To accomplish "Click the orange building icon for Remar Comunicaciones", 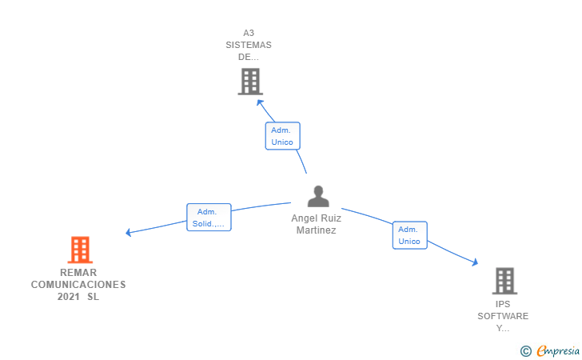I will point(79,250).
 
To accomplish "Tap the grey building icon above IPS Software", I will point(504,281).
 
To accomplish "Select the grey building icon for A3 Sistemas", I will point(250,82).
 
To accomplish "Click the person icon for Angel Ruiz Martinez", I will point(318,197).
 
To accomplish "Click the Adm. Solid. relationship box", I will point(209,217).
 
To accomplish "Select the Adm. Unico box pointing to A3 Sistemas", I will point(282,136).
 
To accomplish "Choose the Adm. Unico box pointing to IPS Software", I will point(409,235).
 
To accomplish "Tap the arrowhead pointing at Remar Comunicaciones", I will point(128,233).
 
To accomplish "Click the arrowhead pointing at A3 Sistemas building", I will point(259,102).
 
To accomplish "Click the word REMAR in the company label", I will point(78,272).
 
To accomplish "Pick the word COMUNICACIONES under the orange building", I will point(78,284).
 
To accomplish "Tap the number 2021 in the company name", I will point(69,297).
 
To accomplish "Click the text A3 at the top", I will point(249,33).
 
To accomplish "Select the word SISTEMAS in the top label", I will point(249,45).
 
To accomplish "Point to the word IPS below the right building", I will point(503,304).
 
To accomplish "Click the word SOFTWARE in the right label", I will point(503,316).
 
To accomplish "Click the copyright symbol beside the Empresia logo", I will point(526,350).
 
